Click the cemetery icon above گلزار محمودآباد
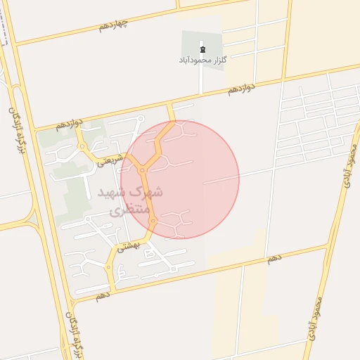pos(202,49)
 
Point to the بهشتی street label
pos(129,245)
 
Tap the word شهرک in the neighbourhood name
pos(150,192)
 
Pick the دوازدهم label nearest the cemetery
pos(241,89)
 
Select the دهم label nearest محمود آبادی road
pos(274,259)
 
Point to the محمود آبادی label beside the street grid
pos(349,165)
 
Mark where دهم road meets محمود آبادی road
pos(328,245)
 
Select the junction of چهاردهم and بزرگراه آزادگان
pos(14,44)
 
